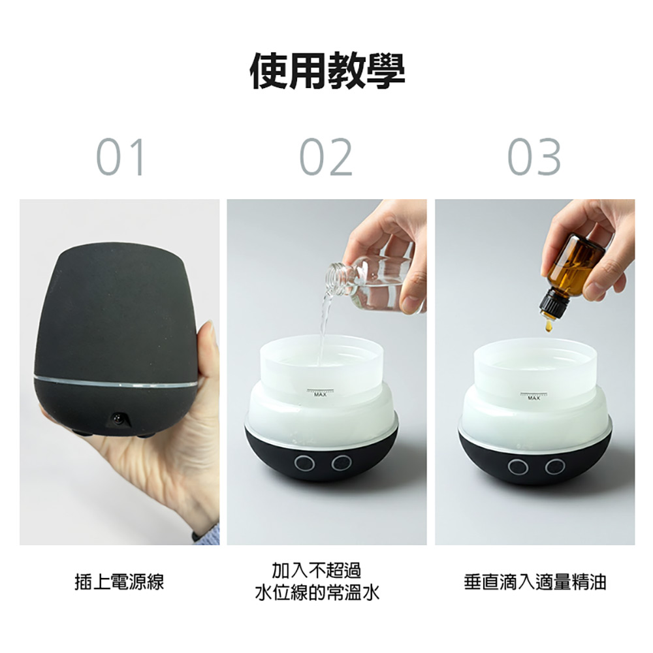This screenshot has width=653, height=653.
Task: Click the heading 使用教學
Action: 327,71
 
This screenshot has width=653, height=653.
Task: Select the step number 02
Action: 326,157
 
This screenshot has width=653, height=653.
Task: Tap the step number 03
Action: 534,157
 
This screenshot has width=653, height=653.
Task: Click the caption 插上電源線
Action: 119,581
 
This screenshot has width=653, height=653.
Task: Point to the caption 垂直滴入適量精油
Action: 535,581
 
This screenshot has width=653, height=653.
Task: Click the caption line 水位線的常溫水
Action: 317,593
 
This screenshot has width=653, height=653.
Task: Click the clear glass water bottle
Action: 372,284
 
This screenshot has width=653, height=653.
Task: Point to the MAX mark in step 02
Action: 321,394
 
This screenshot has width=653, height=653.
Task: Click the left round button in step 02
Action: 303,464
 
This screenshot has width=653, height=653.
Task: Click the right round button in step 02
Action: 340,464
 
